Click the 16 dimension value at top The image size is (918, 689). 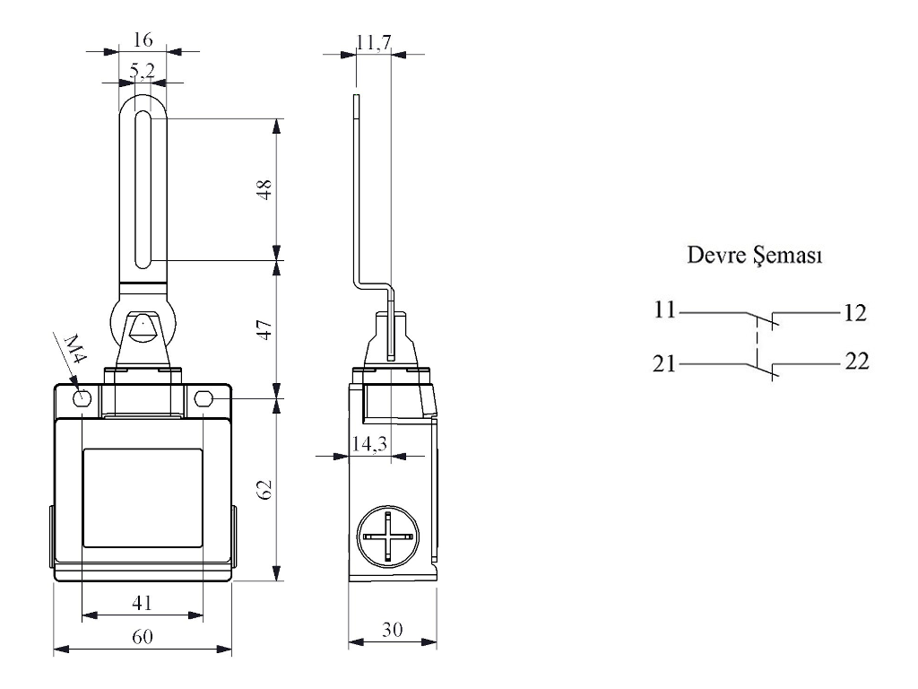pos(143,40)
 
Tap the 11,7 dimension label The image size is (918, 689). pos(369,40)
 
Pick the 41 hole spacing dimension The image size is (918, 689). pos(142,603)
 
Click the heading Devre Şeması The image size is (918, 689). pos(756,255)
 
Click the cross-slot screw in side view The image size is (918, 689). pos(387,536)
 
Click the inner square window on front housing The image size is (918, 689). pos(142,498)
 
